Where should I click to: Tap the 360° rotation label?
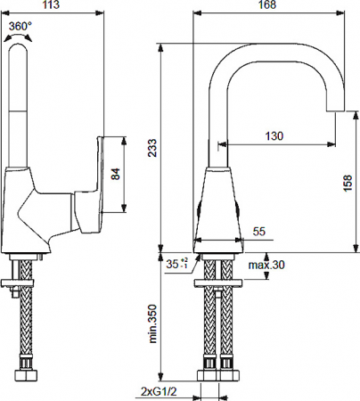pyautogui.click(x=22, y=27)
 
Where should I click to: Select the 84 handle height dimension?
pyautogui.click(x=116, y=175)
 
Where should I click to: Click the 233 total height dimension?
pyautogui.click(x=152, y=148)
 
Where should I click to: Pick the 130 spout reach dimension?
pyautogui.click(x=275, y=135)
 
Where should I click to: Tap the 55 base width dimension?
pyautogui.click(x=259, y=232)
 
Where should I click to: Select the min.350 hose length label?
pyautogui.click(x=152, y=323)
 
